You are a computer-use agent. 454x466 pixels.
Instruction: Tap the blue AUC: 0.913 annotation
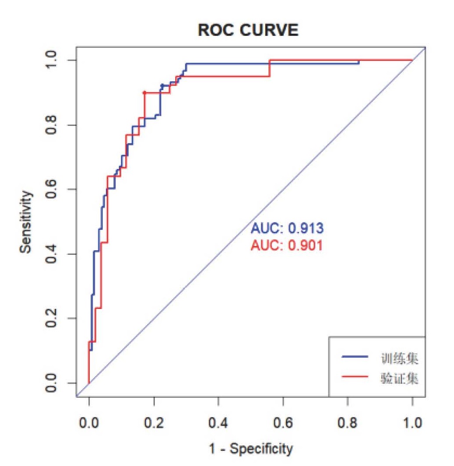tap(287, 228)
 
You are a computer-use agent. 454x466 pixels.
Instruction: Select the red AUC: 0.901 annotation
tap(287, 246)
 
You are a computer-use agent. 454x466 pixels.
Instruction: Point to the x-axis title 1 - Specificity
tap(251, 448)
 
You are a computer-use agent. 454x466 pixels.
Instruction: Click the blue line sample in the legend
tap(354, 360)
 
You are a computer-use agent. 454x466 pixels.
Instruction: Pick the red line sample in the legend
tap(354, 378)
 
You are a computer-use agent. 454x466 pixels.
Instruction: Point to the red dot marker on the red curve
tap(144, 92)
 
